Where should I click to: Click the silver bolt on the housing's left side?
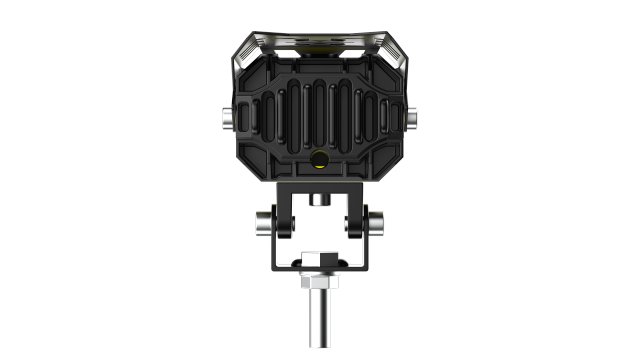coord(228,117)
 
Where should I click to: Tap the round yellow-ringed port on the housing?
coord(319,157)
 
